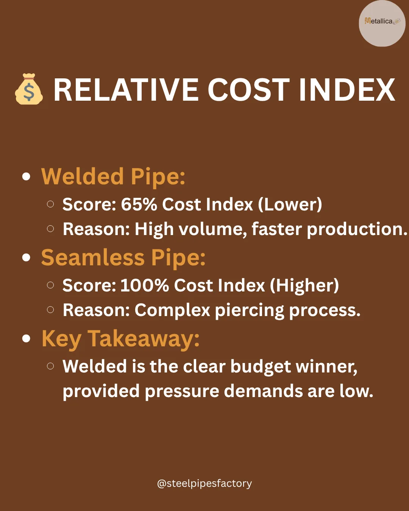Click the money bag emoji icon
(29, 89)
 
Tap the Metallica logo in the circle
(382, 22)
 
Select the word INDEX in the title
(347, 90)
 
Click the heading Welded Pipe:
(113, 176)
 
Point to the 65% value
(139, 204)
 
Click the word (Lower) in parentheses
(290, 204)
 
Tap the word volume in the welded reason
(212, 229)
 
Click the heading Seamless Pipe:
(123, 257)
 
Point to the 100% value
(145, 285)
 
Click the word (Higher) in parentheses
(304, 285)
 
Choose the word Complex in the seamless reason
(172, 310)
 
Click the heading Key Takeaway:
(120, 338)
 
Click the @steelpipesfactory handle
(204, 483)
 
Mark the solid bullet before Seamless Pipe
(26, 258)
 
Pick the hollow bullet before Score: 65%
(50, 204)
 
